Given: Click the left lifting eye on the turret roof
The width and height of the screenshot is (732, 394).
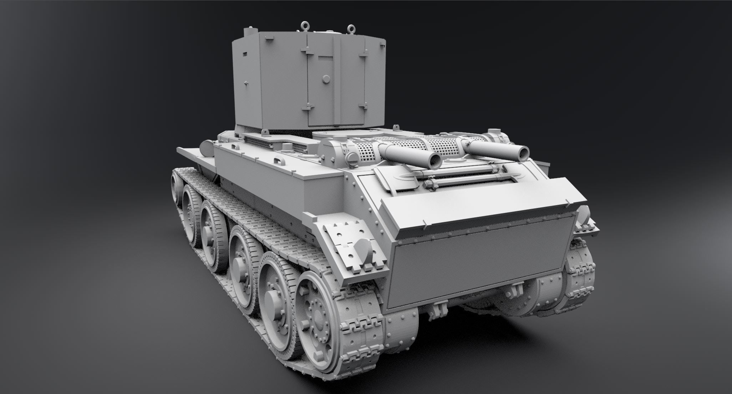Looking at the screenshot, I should tap(304, 25).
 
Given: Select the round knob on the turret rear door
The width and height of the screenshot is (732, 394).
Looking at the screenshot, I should tap(325, 79).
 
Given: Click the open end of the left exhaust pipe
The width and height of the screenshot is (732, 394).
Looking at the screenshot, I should tap(435, 161).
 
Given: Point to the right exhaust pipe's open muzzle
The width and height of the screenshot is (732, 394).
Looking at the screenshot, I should tap(523, 153).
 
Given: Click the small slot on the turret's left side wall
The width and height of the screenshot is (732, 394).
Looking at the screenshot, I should tap(244, 54).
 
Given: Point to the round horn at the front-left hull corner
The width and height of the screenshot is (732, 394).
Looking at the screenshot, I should tap(206, 147).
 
